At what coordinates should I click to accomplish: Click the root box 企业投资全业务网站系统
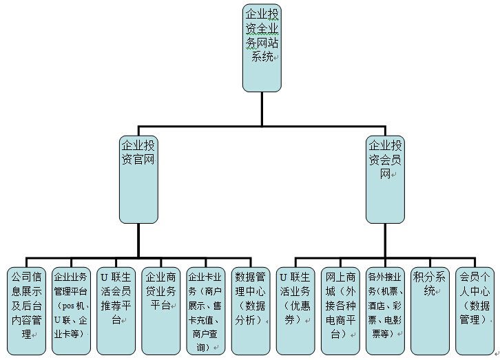(262, 47)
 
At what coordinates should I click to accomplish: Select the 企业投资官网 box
(138, 179)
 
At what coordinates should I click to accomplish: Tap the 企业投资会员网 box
(385, 179)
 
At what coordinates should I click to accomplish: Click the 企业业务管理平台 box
(71, 310)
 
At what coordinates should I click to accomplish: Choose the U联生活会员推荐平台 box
(116, 310)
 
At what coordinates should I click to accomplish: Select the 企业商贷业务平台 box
(160, 310)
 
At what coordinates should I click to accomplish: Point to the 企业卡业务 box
(205, 310)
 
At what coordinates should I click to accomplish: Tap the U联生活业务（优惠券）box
(295, 310)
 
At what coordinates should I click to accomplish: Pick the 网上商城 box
(340, 310)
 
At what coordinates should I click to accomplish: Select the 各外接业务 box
(385, 310)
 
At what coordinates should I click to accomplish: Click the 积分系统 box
(430, 310)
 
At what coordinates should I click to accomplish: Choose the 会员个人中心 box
(475, 310)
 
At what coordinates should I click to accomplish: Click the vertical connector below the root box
(262, 109)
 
